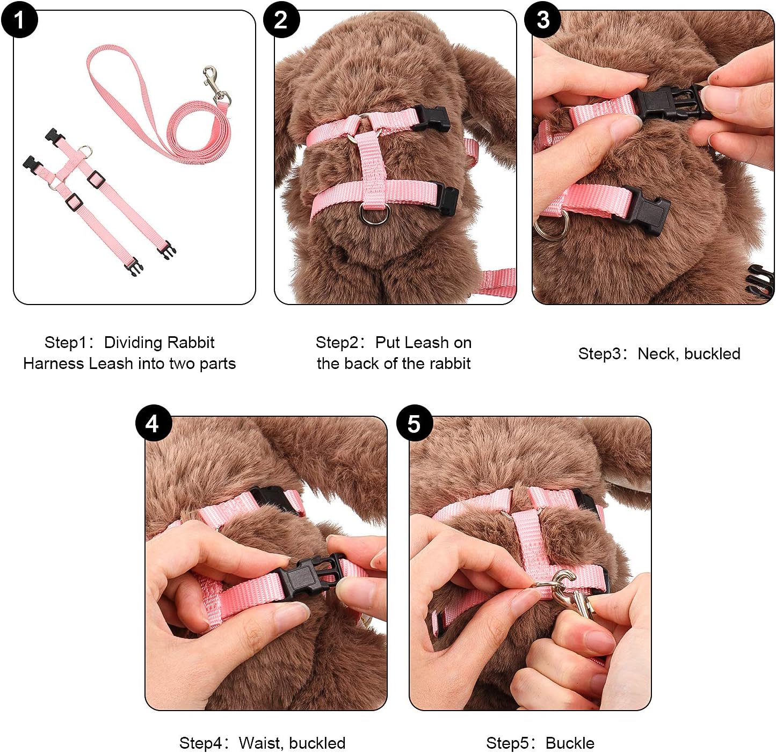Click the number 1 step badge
19,19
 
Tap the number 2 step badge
281,19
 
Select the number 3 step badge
543,19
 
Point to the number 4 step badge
153,423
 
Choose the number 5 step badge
414,423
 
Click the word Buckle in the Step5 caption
570,743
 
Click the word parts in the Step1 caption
217,364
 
